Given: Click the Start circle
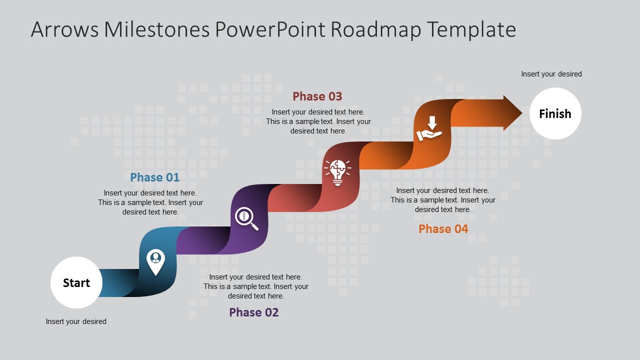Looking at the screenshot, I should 76,282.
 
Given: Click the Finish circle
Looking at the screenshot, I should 555,113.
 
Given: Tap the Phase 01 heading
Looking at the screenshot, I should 154,177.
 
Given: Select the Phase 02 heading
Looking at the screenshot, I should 253,312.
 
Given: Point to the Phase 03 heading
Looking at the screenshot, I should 317,96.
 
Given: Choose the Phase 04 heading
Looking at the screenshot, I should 443,229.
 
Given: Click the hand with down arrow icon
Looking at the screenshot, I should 429,129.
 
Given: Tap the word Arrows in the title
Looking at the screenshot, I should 64,30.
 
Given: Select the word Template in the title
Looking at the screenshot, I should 471,30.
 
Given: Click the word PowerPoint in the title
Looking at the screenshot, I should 270,30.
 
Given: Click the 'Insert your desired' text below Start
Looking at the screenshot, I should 76,321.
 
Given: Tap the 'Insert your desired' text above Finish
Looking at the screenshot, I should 551,74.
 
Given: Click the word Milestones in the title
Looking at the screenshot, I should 156,30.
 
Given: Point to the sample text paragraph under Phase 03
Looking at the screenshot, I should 318,121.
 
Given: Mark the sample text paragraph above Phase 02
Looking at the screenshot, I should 256,286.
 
